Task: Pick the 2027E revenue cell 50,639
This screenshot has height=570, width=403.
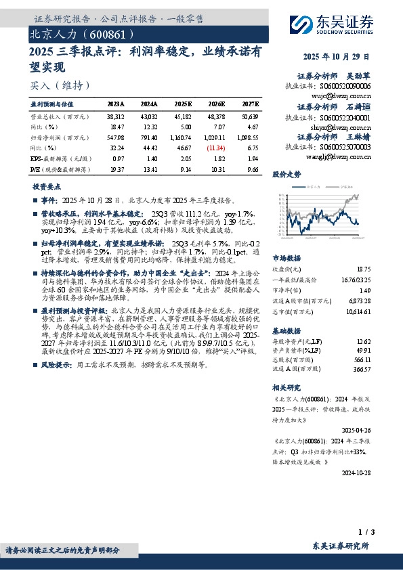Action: (250, 117)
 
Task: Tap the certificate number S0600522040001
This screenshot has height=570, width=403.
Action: (346, 117)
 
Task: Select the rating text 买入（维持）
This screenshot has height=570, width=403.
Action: (60, 85)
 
